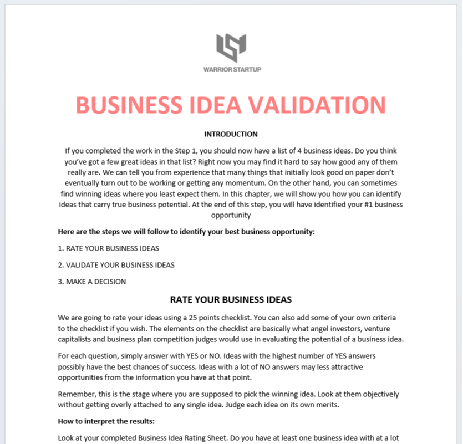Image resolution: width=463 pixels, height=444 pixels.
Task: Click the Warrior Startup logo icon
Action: (231, 48)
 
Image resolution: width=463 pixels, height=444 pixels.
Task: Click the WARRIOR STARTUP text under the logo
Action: (232, 69)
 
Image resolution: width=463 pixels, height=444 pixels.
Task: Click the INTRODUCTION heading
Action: (231, 134)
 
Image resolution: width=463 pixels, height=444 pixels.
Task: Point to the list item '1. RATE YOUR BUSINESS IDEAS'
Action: (109, 248)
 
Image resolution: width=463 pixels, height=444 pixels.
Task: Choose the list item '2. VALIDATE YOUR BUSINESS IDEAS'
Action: (116, 265)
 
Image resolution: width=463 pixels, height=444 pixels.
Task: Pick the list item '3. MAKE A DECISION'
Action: (92, 282)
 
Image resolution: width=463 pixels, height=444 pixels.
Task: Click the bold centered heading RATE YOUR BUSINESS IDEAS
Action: (231, 300)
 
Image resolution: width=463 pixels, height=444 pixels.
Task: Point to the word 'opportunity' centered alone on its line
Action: (231, 215)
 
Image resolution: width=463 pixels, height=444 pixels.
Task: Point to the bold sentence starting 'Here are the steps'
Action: (186, 232)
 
